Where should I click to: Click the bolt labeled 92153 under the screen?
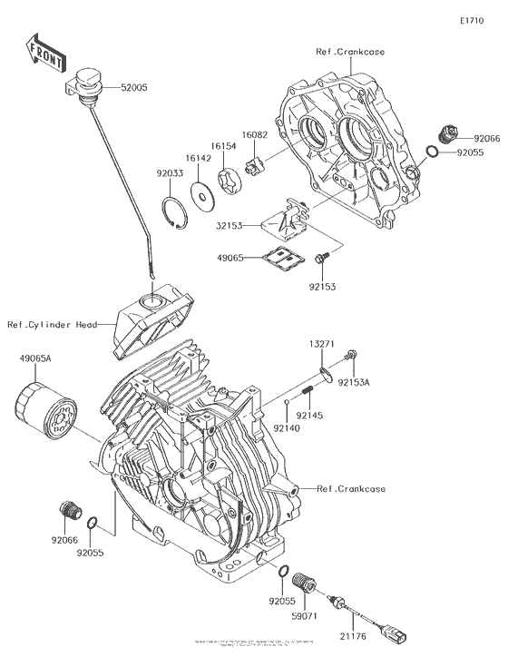pos(319,261)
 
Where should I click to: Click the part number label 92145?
pos(323,415)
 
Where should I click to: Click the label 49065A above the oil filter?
pos(35,359)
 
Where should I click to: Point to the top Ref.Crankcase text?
pos(351,52)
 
